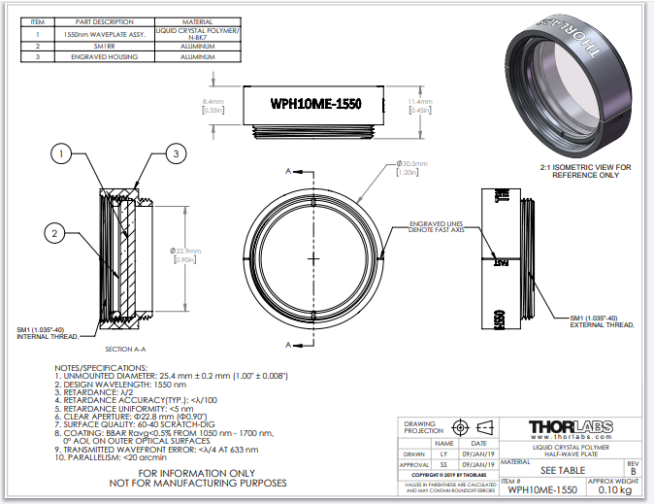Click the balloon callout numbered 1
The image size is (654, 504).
[61, 153]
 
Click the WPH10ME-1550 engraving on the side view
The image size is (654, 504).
[316, 104]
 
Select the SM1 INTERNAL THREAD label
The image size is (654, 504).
[51, 332]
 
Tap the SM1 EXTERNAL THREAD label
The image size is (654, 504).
[602, 320]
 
